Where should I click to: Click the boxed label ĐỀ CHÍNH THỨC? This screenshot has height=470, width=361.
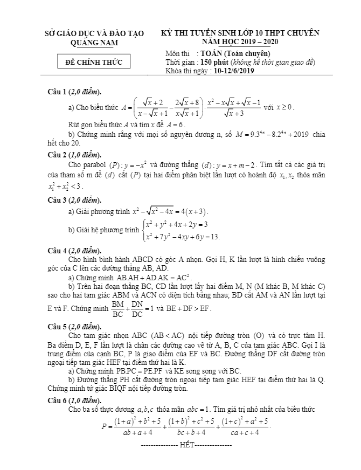click(94, 63)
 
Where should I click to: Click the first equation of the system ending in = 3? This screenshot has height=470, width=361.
click(177, 224)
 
